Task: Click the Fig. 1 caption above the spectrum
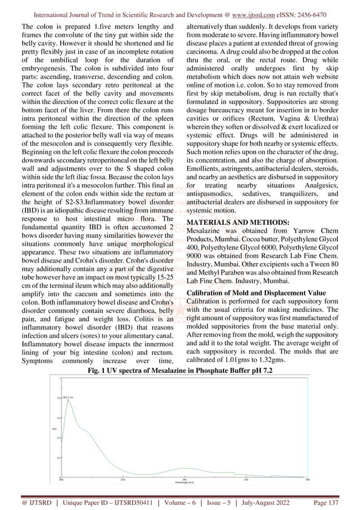tap(180, 369)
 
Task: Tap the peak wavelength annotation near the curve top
tap(69, 397)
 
